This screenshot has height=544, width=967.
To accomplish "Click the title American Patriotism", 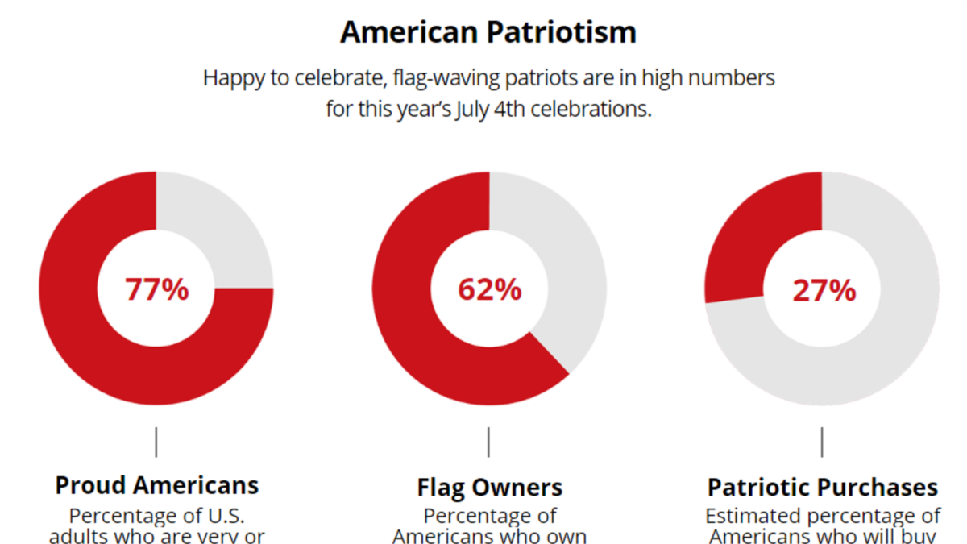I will pos(488,32).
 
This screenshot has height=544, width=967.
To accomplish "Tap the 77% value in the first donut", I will pos(156,289).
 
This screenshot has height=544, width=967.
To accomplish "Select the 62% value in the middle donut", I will pos(489,289).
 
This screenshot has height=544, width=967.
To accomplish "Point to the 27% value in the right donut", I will pos(823,290).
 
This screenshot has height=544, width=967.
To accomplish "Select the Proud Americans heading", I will pos(156,485).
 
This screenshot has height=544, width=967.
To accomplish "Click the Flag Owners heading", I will pos(489,488).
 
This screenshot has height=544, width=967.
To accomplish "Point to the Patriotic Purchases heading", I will pos(822,488).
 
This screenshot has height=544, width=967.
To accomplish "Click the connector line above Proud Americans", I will pos(156,442).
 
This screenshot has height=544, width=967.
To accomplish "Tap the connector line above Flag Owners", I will pos(489,442).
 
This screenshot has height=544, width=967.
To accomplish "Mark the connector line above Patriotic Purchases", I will pos(822,442).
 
